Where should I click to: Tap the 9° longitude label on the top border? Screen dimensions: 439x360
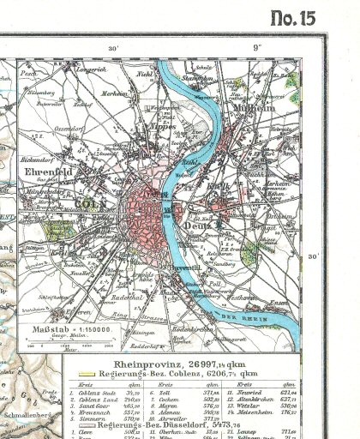[256, 47]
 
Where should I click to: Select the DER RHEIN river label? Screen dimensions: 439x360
[272, 317]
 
